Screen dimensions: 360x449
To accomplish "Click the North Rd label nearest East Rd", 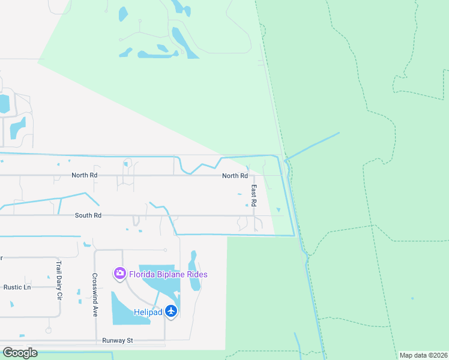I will (x=235, y=176).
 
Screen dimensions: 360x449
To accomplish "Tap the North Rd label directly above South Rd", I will (x=84, y=176).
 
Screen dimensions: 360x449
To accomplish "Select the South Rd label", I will (x=88, y=215).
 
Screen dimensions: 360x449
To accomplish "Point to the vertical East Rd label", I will (x=254, y=196).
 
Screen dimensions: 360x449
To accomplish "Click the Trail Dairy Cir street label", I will (x=59, y=288).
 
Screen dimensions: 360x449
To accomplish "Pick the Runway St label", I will (x=117, y=341).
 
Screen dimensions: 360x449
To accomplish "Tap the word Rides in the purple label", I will (x=197, y=274).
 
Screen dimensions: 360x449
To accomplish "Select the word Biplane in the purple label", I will (x=171, y=274).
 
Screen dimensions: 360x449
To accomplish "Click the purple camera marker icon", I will (x=119, y=274).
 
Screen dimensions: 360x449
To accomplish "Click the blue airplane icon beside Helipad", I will (x=172, y=311).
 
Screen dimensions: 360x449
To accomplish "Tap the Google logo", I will (x=19, y=352).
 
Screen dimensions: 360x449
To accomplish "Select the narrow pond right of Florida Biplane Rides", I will (x=193, y=271).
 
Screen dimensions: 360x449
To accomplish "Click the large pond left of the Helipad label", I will (x=127, y=307).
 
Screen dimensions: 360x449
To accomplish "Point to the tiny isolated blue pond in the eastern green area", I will (x=412, y=298).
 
